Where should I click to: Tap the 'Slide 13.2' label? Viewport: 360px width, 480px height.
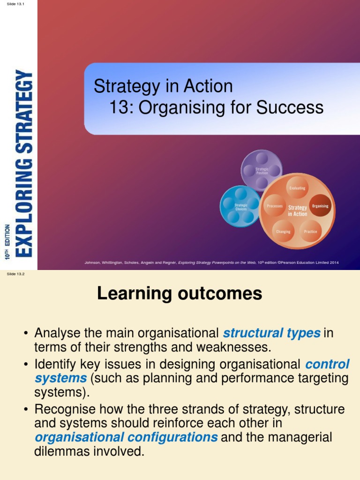[15, 274]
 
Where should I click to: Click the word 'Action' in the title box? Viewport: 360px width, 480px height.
[210, 86]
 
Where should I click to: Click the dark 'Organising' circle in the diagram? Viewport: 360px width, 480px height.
[321, 206]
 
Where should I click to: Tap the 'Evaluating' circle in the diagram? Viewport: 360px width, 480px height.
[297, 188]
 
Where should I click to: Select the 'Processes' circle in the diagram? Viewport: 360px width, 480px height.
[274, 206]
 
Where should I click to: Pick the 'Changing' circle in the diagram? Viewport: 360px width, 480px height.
[283, 232]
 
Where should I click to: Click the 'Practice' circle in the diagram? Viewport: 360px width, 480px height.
[310, 232]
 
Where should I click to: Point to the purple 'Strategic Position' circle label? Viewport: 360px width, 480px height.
[262, 171]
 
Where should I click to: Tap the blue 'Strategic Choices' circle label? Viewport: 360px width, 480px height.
[241, 206]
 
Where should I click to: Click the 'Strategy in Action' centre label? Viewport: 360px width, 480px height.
[297, 210]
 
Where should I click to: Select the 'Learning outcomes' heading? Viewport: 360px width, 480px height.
[180, 294]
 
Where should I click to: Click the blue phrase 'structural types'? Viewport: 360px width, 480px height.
[272, 333]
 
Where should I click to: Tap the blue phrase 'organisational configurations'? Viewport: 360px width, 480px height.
[126, 437]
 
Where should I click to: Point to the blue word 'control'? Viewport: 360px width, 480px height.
[327, 364]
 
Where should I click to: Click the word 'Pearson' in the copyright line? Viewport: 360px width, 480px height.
[290, 262]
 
